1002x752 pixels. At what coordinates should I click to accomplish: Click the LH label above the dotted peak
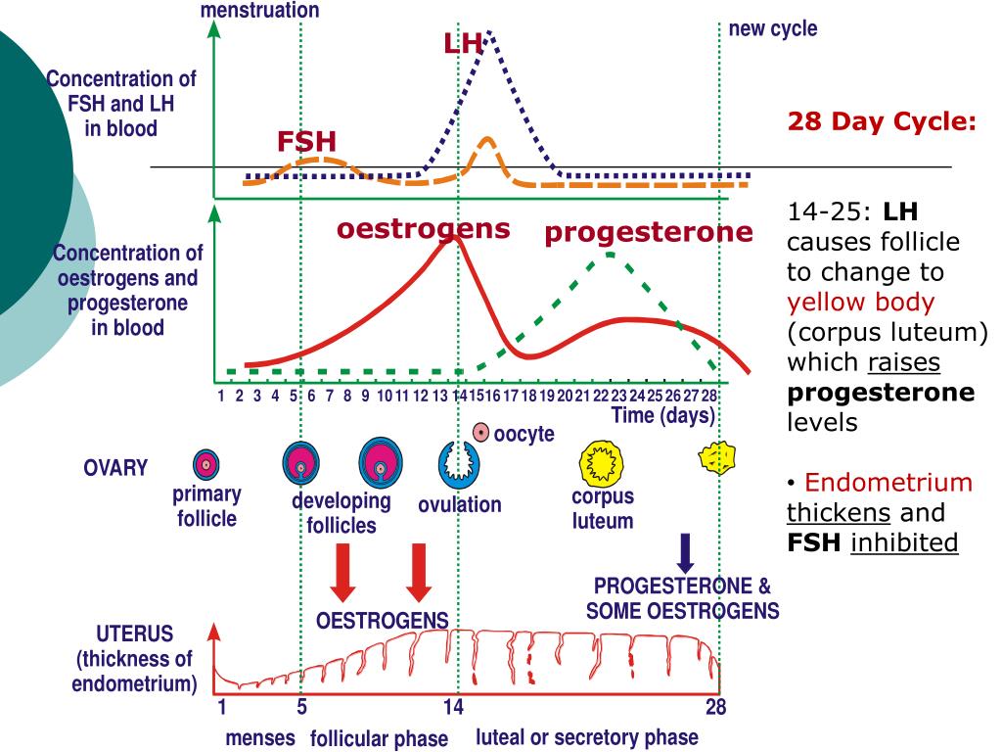pos(463,44)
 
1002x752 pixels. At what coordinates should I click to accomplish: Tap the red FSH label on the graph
pos(305,142)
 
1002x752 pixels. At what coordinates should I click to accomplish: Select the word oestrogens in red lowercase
pos(424,229)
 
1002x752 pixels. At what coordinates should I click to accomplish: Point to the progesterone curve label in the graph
pos(649,233)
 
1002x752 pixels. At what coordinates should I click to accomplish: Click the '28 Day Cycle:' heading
pos(883,122)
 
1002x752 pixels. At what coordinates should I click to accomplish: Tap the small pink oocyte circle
pos(480,432)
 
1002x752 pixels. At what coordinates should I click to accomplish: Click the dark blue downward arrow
pos(686,553)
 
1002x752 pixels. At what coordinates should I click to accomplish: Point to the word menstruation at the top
pos(259,11)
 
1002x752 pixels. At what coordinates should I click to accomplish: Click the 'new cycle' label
pos(772,29)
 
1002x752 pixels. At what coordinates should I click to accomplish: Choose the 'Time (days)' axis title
pos(662,415)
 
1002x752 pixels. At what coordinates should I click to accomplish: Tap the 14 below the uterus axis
pos(452,708)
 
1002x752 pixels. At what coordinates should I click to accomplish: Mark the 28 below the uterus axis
pos(716,708)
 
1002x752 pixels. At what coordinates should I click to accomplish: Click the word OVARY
pos(115,468)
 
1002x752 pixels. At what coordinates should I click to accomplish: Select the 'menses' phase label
pos(260,738)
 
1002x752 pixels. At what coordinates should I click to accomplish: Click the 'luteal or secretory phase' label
pos(587,737)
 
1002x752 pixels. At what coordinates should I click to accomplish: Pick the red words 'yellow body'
pos(861,303)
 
